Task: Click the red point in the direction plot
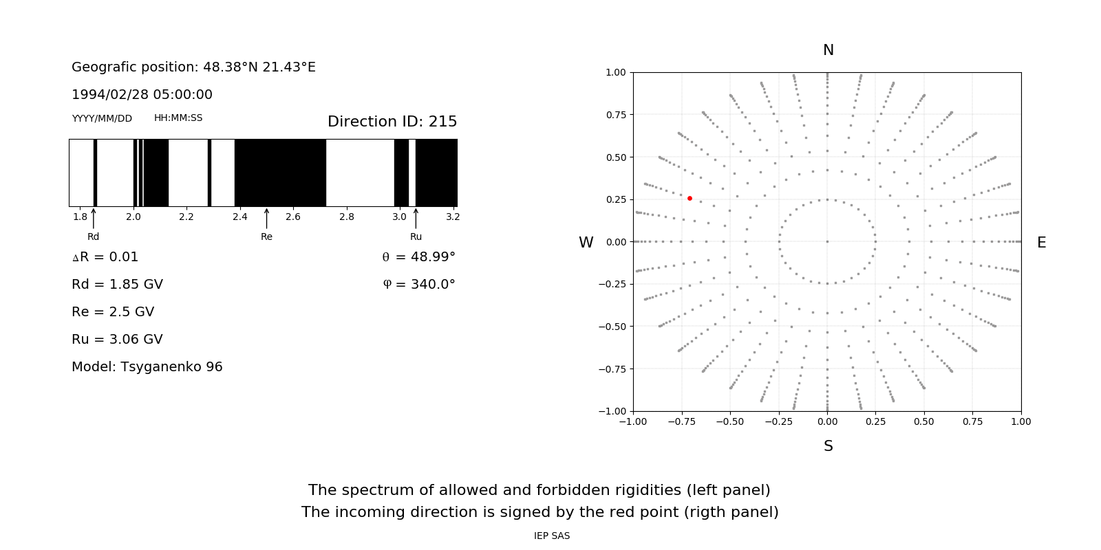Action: tap(690, 198)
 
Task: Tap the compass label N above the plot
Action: tap(829, 50)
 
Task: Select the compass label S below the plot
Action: tap(829, 446)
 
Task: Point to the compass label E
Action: tap(1041, 243)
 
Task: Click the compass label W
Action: tap(586, 243)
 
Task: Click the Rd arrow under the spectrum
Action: tap(94, 219)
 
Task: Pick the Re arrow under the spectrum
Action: tap(266, 219)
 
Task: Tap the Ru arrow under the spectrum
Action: tap(416, 219)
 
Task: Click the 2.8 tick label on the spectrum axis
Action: tap(346, 217)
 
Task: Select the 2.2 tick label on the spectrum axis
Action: tap(186, 217)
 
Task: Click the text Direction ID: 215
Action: tap(392, 122)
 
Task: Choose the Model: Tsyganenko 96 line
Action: tap(147, 367)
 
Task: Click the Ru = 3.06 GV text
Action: tap(117, 340)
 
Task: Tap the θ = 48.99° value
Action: tap(418, 257)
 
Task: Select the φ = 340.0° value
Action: tap(419, 285)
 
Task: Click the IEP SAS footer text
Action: tap(552, 536)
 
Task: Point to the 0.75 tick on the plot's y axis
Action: tap(616, 115)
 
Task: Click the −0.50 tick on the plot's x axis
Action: tap(730, 421)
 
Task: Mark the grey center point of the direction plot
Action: tap(827, 241)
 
